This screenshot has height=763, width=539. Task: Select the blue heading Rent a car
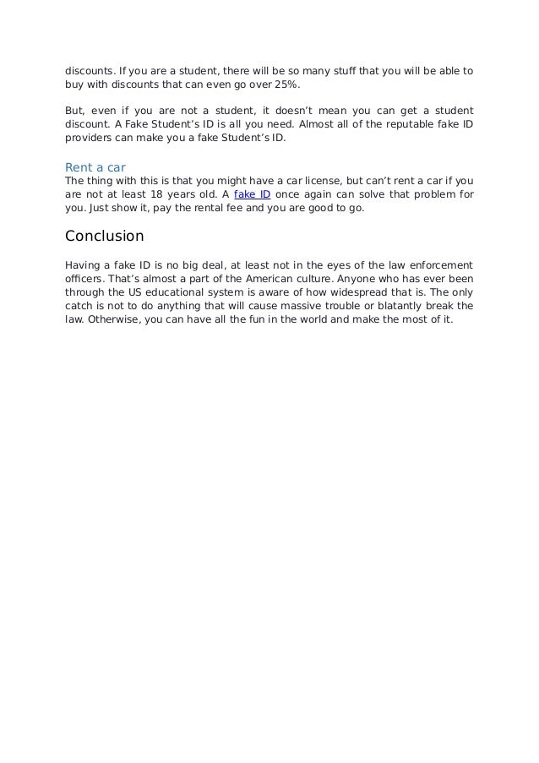point(95,167)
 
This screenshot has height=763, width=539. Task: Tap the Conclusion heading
point(105,236)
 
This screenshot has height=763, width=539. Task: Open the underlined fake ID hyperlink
point(252,193)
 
